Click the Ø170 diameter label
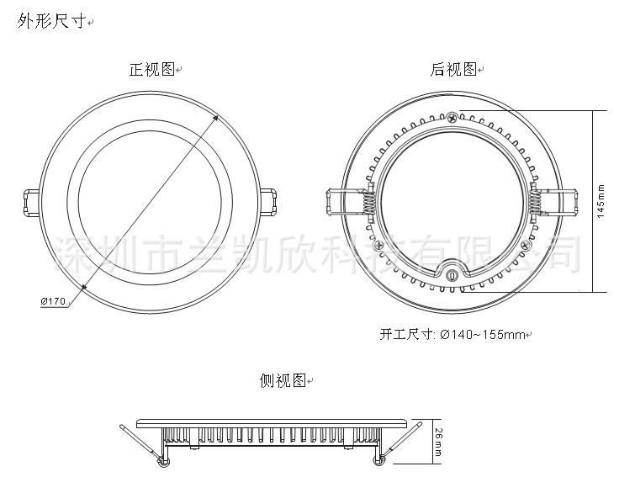(x=52, y=300)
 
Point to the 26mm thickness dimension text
(x=438, y=441)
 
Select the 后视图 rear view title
(x=453, y=71)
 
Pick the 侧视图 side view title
(x=282, y=381)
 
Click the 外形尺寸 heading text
(x=51, y=22)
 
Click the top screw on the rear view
(x=452, y=116)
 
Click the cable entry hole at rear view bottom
(x=452, y=274)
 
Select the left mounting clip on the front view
(x=29, y=202)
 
